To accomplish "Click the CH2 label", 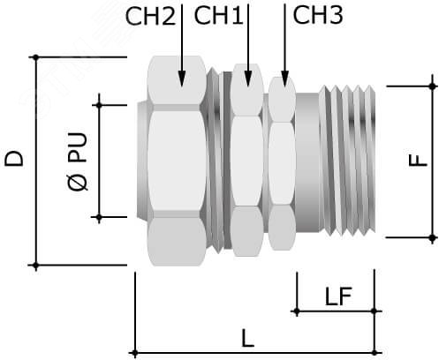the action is [150, 17].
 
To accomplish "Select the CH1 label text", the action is [218, 16].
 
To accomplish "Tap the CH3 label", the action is [318, 15].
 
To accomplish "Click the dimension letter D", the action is [14, 159].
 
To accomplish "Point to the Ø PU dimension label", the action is [78, 161].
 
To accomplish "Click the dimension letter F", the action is [418, 161].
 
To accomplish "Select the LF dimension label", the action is [338, 296].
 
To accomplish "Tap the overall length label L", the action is [247, 338].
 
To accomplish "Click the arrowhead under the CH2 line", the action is [182, 79].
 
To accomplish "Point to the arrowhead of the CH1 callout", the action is [248, 79].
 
